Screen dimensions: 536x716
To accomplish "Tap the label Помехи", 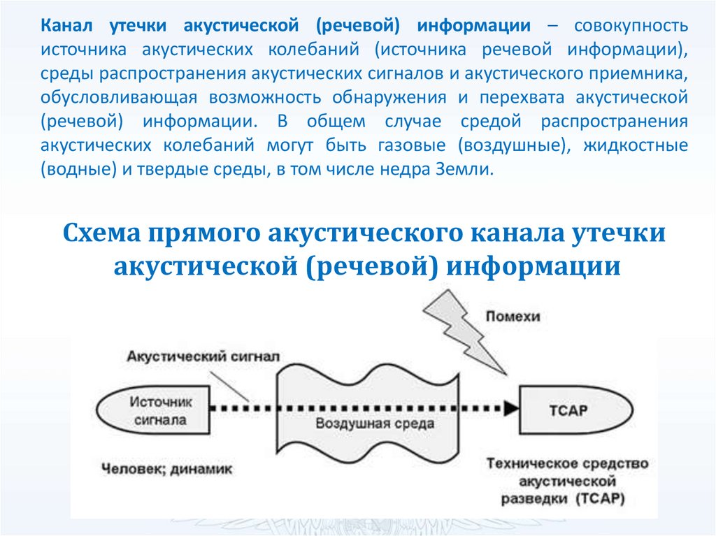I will [x=513, y=317].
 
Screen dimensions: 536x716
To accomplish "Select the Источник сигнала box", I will [x=155, y=411].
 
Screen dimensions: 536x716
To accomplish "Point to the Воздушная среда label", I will [x=374, y=423].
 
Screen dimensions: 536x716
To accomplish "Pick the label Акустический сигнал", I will [x=203, y=356].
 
